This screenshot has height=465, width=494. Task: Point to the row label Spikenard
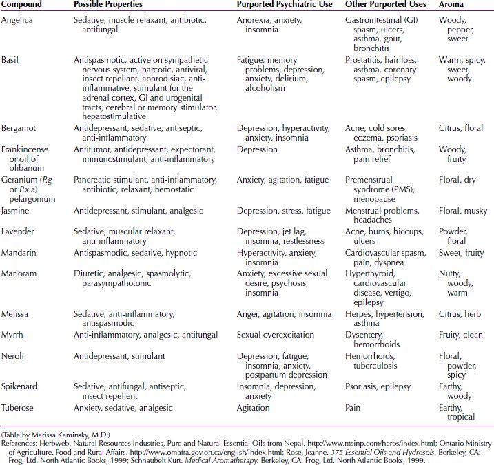(x=21, y=387)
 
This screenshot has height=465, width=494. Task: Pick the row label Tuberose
(x=20, y=408)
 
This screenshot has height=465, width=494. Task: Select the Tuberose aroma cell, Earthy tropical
(x=457, y=412)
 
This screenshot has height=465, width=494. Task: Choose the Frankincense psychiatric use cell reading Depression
(x=257, y=149)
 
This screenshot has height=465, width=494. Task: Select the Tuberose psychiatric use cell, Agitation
(x=253, y=408)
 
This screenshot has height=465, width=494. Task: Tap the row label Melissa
(x=17, y=314)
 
